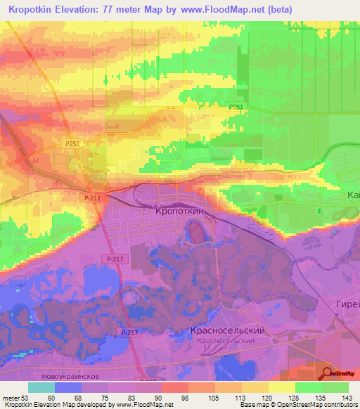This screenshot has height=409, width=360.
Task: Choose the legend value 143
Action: [345, 397]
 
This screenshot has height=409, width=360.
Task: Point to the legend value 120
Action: [266, 397]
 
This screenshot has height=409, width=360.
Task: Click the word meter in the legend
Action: [11, 397]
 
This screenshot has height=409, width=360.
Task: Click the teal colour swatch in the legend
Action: [41, 387]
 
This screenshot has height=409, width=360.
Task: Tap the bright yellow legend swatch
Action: [281, 387]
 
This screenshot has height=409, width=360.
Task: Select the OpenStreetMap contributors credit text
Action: [317, 405]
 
